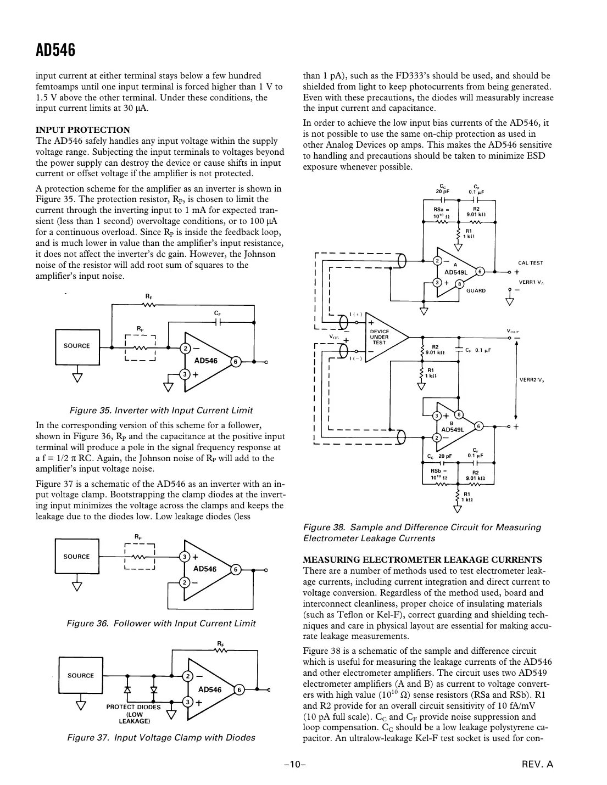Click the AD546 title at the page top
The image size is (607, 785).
coord(55,51)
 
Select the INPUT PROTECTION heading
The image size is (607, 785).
coord(83,130)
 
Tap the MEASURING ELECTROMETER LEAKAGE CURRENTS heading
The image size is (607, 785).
coord(422,560)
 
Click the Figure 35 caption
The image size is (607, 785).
coord(161,411)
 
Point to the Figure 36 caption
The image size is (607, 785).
coord(161,623)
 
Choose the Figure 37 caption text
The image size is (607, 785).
coord(161,737)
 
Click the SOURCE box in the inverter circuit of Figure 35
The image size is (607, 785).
coord(77,346)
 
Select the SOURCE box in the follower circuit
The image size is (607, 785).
coord(76,557)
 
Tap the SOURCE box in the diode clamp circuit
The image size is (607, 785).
coord(80,676)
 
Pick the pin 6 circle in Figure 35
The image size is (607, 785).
coord(235,362)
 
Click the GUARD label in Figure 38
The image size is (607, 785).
coord(476,290)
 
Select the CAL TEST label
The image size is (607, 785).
coord(531,263)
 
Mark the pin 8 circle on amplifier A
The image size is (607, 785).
coord(459,284)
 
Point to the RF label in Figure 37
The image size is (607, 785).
coord(220,643)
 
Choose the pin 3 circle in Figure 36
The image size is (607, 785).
coord(186,557)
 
